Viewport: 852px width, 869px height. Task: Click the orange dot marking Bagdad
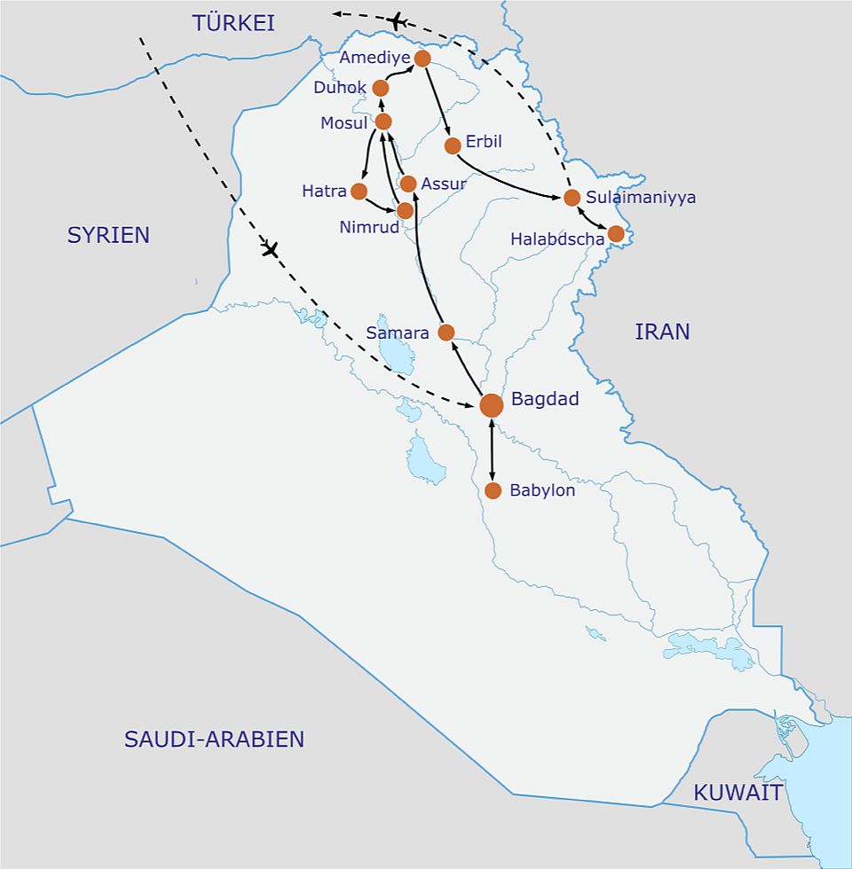492,405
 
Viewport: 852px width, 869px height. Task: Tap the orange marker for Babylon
493,490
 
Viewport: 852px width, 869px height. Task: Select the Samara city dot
446,333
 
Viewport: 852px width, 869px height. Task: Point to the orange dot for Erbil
453,145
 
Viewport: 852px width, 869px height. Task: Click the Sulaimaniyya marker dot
572,198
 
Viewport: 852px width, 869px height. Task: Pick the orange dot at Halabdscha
616,234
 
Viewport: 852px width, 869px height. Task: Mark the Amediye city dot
422,59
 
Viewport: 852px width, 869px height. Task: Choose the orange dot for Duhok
381,88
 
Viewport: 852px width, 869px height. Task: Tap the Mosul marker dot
383,121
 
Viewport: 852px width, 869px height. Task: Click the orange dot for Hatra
359,192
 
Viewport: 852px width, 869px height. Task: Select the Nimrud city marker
406,211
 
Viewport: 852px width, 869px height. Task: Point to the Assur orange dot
408,184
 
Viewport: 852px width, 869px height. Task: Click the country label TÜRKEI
234,24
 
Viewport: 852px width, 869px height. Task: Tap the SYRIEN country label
108,235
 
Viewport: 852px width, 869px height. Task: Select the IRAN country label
662,332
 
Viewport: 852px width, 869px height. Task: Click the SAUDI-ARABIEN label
214,739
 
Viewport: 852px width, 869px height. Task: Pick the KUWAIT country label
738,792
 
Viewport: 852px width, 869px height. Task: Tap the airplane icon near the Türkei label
398,21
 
